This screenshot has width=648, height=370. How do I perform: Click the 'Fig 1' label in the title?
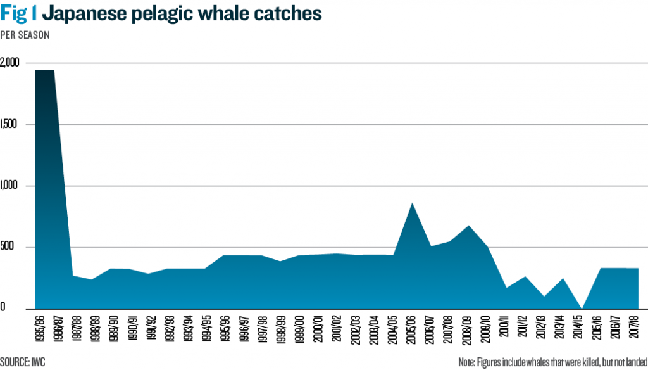[19, 13]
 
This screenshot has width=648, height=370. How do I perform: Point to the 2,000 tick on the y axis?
[10, 63]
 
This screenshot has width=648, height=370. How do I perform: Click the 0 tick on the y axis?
[3, 309]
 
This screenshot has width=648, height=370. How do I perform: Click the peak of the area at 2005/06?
[412, 203]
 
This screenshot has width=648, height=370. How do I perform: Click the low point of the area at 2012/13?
[544, 296]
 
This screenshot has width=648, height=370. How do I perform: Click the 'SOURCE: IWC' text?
[22, 362]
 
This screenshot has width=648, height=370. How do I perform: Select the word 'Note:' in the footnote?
[469, 362]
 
